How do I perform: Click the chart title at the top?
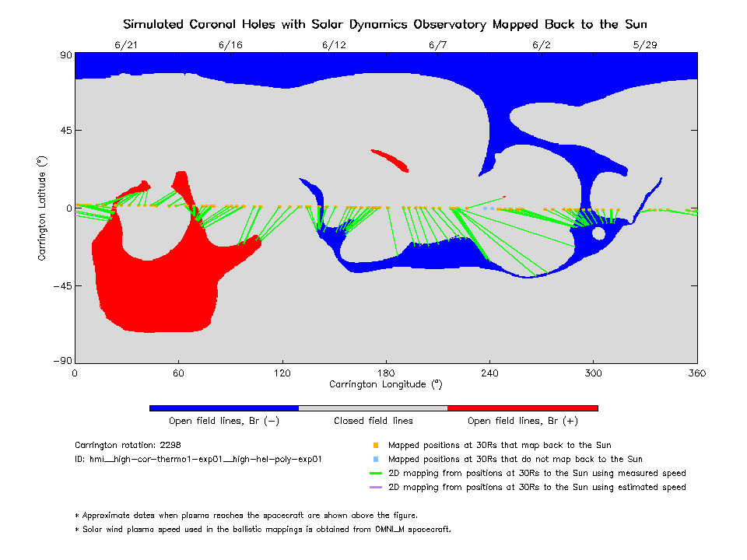pyautogui.click(x=384, y=24)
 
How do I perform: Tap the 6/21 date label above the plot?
pyautogui.click(x=126, y=45)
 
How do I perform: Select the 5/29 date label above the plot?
pyautogui.click(x=645, y=45)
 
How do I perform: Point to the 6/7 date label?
pyautogui.click(x=438, y=45)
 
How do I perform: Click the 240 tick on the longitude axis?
pyautogui.click(x=489, y=373)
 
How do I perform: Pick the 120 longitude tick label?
pyautogui.click(x=282, y=373)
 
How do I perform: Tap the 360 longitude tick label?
pyautogui.click(x=696, y=373)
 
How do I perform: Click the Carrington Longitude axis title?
pyautogui.click(x=385, y=384)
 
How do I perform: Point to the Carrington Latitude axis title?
pyautogui.click(x=43, y=208)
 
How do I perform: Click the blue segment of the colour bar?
pyautogui.click(x=223, y=408)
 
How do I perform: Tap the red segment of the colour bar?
pyautogui.click(x=522, y=408)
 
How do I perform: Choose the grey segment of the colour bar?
pyautogui.click(x=373, y=408)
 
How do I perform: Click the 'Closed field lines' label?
pyautogui.click(x=373, y=421)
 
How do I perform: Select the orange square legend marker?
pyautogui.click(x=375, y=446)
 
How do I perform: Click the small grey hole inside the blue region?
pyautogui.click(x=598, y=233)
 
